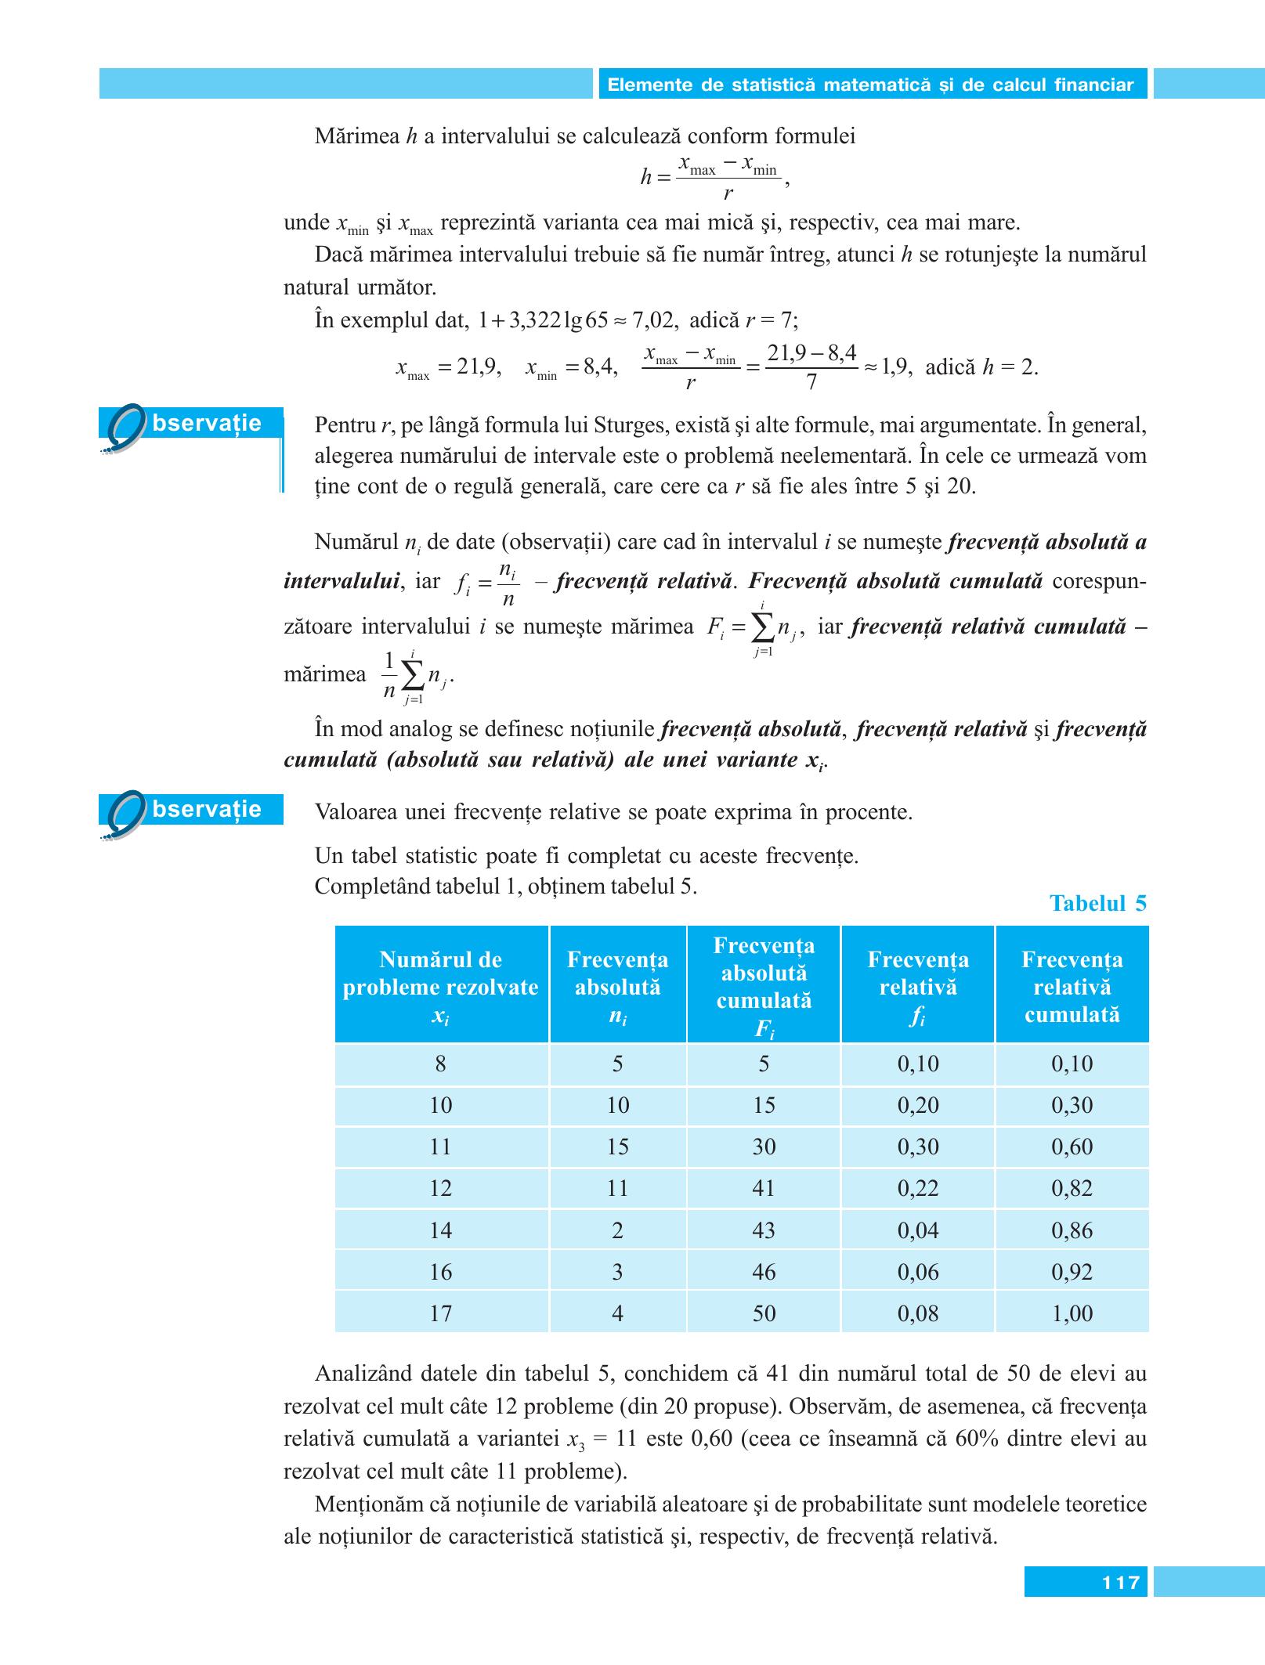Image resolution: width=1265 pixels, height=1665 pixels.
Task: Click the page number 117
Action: [1121, 1583]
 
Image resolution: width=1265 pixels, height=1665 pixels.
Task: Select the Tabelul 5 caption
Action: [1097, 904]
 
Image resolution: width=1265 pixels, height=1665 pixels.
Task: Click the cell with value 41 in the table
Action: [763, 1189]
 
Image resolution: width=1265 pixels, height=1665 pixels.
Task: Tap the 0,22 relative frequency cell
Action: [917, 1189]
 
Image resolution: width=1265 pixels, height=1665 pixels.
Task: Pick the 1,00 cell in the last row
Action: [1072, 1313]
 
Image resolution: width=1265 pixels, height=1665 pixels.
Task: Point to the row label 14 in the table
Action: [440, 1230]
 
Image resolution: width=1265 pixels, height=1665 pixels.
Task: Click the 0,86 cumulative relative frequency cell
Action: [1072, 1230]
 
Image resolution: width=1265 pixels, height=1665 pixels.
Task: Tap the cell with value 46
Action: [763, 1272]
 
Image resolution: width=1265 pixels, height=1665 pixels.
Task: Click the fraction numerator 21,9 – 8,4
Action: [811, 354]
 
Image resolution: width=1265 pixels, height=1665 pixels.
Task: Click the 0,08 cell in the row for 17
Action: [917, 1313]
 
